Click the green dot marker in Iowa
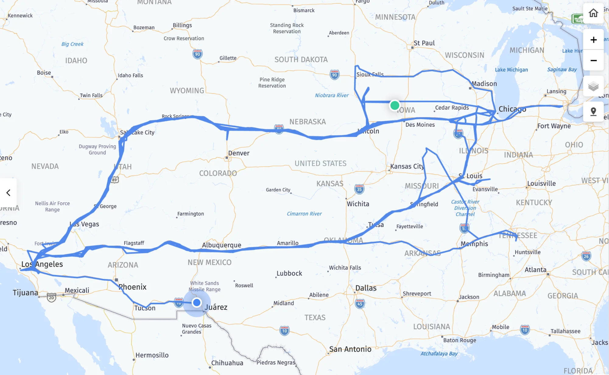395,105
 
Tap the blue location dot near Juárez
197,302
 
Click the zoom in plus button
593,40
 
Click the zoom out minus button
593,61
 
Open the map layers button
593,87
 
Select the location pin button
593,111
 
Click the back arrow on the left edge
8,193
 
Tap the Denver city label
239,153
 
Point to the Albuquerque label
222,245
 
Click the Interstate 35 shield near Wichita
359,189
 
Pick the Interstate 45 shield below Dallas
360,304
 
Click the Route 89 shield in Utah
114,180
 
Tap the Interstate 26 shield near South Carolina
586,256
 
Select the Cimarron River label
304,214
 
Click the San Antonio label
350,349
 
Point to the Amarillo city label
287,243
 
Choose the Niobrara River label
332,95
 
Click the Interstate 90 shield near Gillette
198,54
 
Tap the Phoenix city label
132,287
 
